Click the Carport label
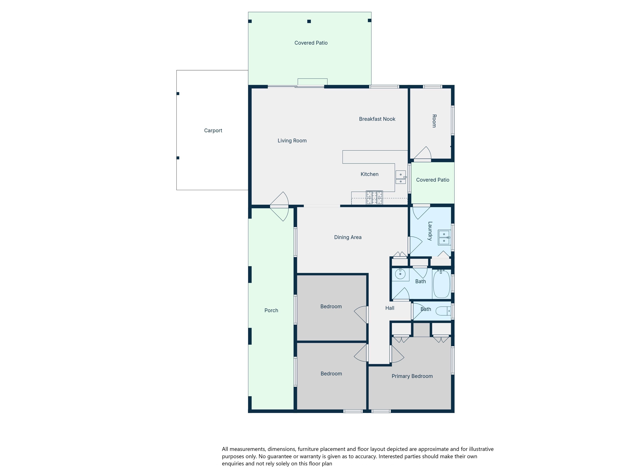213,131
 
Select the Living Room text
292,141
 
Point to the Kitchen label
369,174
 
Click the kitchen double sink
401,177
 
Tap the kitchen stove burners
374,197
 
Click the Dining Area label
348,237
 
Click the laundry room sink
444,237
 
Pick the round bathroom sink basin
400,274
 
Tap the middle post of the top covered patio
309,21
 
